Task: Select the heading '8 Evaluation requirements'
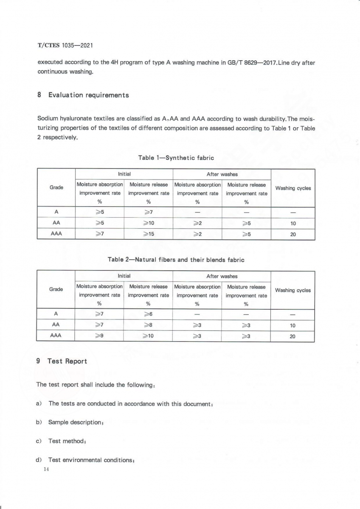[83, 95]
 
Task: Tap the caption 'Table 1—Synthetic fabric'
[176, 158]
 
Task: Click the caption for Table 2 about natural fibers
[176, 260]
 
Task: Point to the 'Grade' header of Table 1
[56, 187]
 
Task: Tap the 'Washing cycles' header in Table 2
[293, 291]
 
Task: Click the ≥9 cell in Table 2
[99, 336]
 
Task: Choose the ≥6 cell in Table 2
[148, 314]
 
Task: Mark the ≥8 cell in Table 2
[148, 325]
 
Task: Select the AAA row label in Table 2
[56, 336]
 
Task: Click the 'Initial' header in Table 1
[124, 174]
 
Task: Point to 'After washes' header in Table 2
[222, 276]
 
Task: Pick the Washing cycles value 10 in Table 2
[292, 326]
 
